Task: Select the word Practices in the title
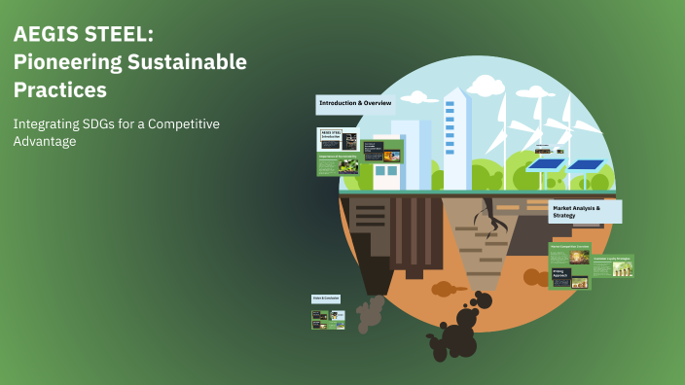(59, 88)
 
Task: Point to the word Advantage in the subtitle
(45, 142)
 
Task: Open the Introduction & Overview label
(355, 103)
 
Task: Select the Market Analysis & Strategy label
(583, 212)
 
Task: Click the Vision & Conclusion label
(326, 297)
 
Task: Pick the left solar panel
(546, 164)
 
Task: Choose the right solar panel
(587, 164)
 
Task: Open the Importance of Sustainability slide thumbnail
(338, 162)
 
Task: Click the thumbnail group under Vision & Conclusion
(328, 318)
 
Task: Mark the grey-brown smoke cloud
(370, 312)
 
